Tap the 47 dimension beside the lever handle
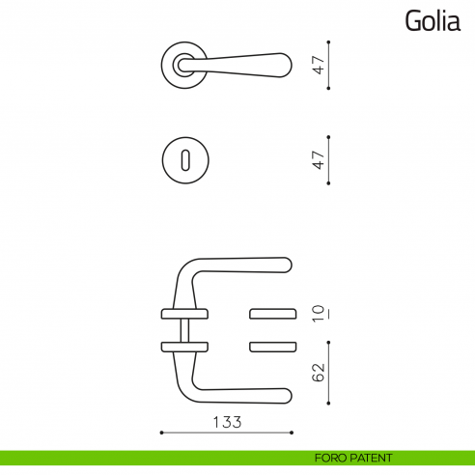[x=317, y=65]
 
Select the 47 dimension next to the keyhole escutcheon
[x=317, y=158]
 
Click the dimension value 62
[x=317, y=373]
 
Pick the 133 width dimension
[x=225, y=422]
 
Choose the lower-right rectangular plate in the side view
[x=274, y=346]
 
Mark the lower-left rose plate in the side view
[x=183, y=346]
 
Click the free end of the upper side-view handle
[x=285, y=265]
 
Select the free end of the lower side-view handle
[x=285, y=395]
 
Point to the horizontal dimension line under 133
[x=225, y=433]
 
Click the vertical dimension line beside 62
[x=330, y=373]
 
